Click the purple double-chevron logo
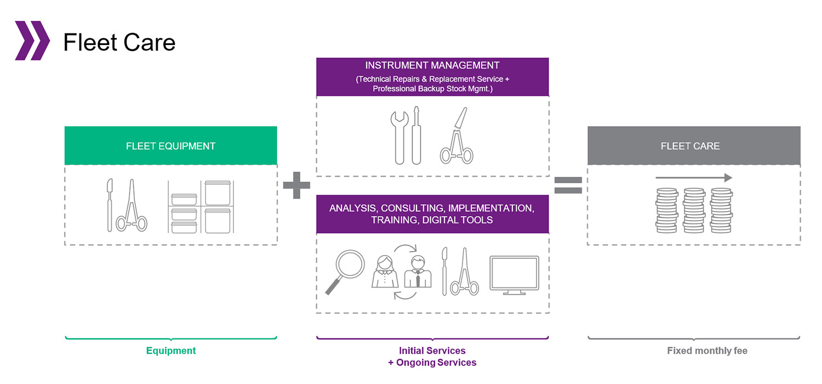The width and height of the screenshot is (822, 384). pyautogui.click(x=32, y=41)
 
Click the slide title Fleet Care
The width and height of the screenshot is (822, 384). pyautogui.click(x=119, y=42)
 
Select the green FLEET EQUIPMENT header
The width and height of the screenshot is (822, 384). pyautogui.click(x=170, y=146)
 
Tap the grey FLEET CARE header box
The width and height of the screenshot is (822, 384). pyautogui.click(x=693, y=146)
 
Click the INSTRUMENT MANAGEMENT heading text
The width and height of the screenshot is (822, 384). pyautogui.click(x=432, y=66)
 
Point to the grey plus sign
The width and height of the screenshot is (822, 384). pyautogui.click(x=296, y=185)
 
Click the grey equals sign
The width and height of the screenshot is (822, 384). pyautogui.click(x=568, y=185)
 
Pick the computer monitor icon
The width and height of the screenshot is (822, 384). pyautogui.click(x=513, y=275)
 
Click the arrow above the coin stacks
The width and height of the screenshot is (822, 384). pyautogui.click(x=693, y=178)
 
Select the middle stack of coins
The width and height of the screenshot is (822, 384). pyautogui.click(x=694, y=211)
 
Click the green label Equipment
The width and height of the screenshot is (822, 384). pyautogui.click(x=170, y=351)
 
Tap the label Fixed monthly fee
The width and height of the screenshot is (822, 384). pyautogui.click(x=707, y=351)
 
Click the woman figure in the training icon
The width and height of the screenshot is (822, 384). pyautogui.click(x=385, y=271)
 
